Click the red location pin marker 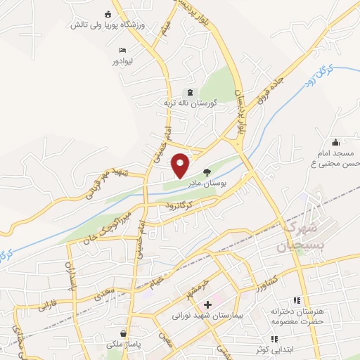(181, 165)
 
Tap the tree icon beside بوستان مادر (207, 172)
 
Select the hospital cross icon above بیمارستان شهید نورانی (207, 306)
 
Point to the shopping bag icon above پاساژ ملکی (124, 334)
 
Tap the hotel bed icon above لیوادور (123, 51)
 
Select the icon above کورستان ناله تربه (187, 92)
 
